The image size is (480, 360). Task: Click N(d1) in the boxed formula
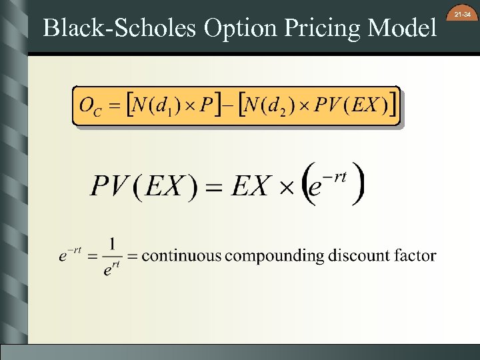pyautogui.click(x=158, y=105)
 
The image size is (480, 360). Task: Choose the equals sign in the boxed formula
pyautogui.click(x=115, y=105)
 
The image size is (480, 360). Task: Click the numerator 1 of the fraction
pyautogui.click(x=113, y=244)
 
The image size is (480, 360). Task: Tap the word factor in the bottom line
pyautogui.click(x=415, y=255)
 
